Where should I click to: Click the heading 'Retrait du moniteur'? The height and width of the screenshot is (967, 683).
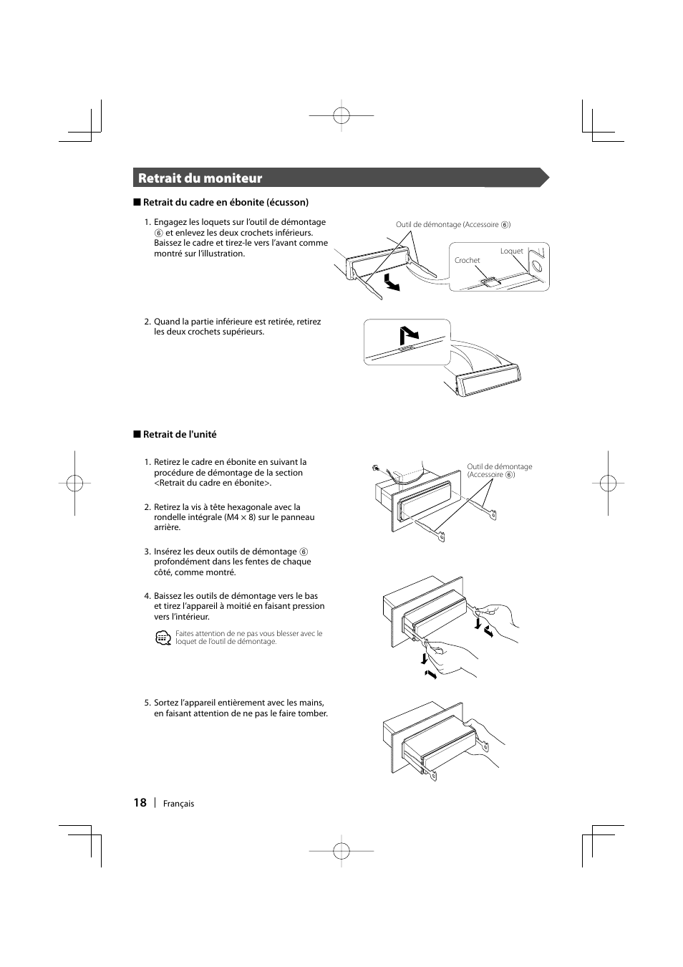click(200, 178)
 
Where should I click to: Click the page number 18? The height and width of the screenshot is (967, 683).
click(140, 802)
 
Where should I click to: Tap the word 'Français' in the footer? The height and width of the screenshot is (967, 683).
click(178, 804)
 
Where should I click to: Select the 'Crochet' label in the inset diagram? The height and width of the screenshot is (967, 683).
click(467, 261)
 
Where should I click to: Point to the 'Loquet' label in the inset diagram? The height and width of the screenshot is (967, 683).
click(511, 251)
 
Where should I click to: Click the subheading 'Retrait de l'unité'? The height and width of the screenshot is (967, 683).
click(179, 435)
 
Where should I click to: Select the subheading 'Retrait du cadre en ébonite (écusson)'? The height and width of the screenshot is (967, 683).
click(225, 203)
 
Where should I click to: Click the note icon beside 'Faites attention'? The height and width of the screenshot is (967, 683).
click(163, 638)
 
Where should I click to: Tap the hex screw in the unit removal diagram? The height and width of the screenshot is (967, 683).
click(375, 468)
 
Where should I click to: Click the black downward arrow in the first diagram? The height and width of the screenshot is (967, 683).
click(390, 282)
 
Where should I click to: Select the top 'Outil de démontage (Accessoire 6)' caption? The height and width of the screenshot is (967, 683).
click(452, 225)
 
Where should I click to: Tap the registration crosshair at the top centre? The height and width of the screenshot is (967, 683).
click(341, 115)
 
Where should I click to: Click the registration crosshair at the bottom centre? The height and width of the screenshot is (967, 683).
click(341, 850)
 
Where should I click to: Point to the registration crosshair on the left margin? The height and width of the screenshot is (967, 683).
click(74, 483)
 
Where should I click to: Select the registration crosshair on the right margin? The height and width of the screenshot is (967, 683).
click(608, 483)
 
